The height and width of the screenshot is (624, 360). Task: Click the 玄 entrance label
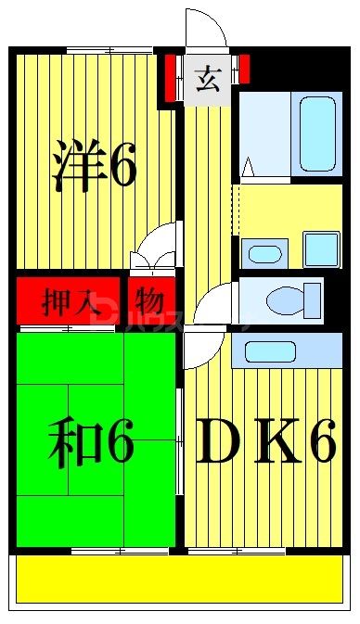point(206,79)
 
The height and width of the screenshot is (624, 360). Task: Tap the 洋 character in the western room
point(76,165)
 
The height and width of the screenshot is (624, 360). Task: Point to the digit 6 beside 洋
point(123,167)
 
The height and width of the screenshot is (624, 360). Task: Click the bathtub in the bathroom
point(316,130)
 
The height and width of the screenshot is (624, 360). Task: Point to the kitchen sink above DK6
point(269,351)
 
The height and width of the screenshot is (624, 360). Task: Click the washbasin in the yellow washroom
point(265,252)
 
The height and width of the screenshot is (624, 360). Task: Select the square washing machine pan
point(322,250)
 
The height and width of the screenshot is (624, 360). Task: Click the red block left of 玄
point(171,80)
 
